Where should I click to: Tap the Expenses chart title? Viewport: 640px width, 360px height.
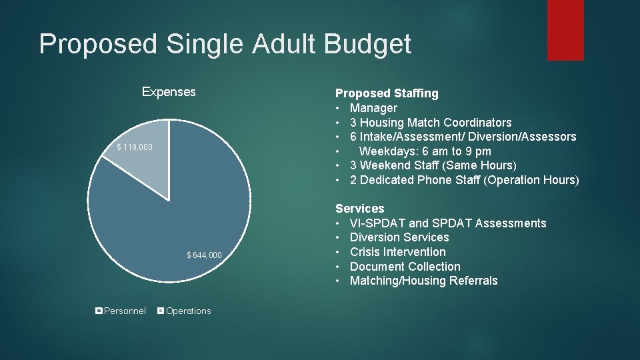[169, 92]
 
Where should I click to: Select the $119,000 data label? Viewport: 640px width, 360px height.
[135, 147]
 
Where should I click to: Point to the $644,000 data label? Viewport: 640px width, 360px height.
[205, 255]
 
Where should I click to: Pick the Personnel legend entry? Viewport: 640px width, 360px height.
[121, 311]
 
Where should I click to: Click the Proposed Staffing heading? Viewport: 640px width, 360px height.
[387, 93]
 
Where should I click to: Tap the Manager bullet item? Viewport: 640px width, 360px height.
[373, 108]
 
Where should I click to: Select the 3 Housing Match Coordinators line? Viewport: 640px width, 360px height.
[431, 123]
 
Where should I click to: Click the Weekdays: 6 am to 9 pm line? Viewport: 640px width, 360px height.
[425, 151]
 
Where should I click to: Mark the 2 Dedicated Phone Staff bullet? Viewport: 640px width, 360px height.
[464, 180]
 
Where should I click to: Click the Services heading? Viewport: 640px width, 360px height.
[360, 209]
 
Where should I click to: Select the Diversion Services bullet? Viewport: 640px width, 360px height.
[399, 237]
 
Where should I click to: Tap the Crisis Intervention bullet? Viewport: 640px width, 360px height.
[397, 252]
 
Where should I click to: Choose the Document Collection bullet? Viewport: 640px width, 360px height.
[405, 267]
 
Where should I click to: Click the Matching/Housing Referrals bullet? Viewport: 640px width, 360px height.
[423, 281]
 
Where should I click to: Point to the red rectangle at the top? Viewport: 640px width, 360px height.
[565, 30]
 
